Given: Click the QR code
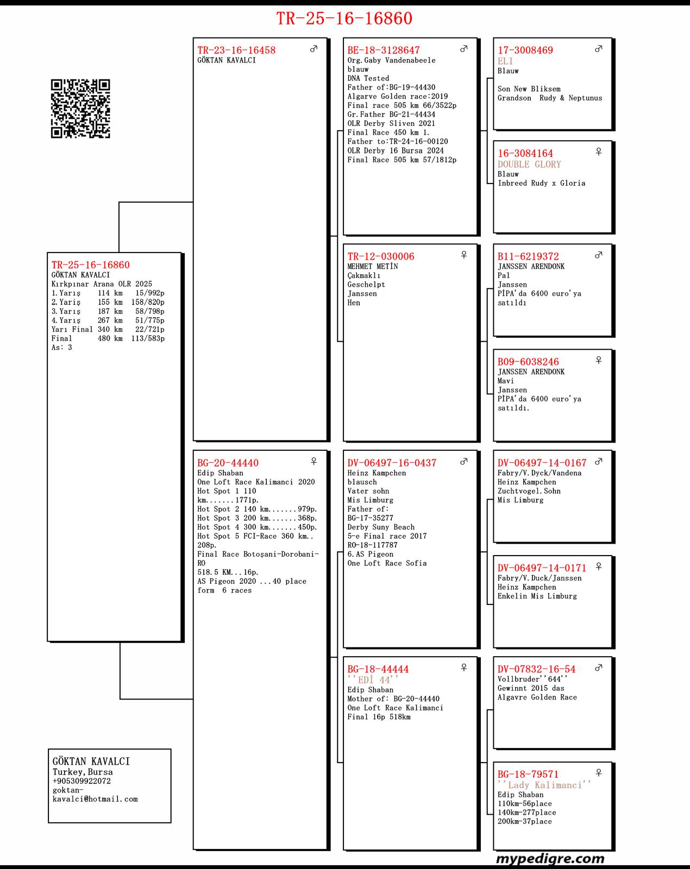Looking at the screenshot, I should click(80, 109).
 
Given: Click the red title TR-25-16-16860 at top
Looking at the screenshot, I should click(344, 18).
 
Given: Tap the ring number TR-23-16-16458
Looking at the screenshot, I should click(236, 50).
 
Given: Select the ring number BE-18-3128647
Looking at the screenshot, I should click(384, 50).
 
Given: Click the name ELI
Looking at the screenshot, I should click(505, 61).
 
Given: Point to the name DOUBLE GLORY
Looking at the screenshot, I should click(529, 164).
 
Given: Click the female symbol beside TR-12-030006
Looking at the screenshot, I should click(464, 255).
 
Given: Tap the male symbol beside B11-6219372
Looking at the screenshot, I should click(599, 255).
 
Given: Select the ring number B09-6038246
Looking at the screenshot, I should click(528, 362).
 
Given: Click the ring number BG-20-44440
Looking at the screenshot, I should click(228, 463).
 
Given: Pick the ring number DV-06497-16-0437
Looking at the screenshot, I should click(392, 463).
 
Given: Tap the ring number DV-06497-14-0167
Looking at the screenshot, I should click(542, 463).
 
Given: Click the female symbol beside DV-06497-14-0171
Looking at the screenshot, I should click(599, 566).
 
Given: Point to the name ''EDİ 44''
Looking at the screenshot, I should click(373, 680).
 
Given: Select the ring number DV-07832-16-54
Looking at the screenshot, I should click(536, 669).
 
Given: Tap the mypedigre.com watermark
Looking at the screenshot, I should click(550, 859).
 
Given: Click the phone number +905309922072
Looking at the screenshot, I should click(81, 781).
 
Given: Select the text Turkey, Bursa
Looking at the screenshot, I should click(83, 772).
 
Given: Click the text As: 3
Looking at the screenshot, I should click(61, 348).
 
